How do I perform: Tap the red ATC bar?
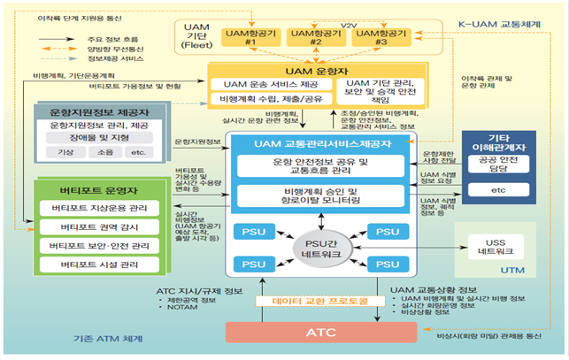pyautogui.click(x=319, y=333)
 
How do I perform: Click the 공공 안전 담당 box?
pyautogui.click(x=507, y=165)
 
